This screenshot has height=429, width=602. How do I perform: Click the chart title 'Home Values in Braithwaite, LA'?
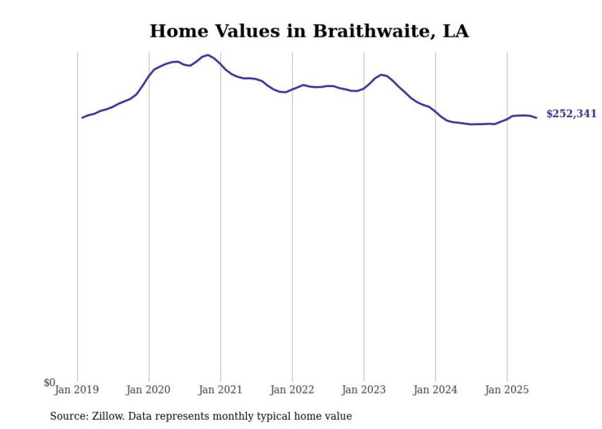309,31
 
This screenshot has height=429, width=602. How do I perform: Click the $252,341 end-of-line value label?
571,114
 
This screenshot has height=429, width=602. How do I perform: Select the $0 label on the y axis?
49,383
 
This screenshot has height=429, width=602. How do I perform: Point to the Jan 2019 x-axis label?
76,390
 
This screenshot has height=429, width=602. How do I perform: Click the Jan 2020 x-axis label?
148,390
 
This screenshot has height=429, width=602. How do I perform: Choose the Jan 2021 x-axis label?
220,390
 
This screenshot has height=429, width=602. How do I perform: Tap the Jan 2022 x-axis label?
292,390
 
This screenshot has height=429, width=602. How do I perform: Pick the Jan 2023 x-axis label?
364,390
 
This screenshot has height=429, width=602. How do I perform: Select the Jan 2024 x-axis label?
435,390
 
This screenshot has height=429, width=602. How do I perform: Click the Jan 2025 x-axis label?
507,390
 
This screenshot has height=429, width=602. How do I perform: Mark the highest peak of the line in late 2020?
208,55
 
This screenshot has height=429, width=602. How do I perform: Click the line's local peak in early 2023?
381,75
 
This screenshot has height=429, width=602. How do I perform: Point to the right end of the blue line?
536,118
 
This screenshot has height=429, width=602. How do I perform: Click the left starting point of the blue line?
82,117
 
